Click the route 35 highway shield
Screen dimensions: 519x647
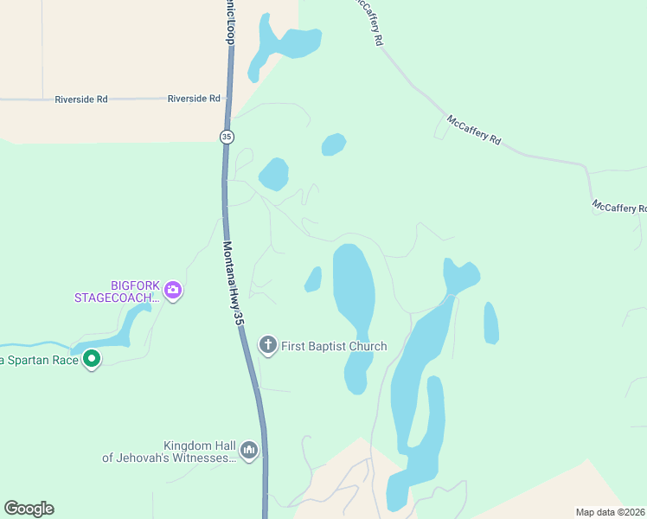pos(227,137)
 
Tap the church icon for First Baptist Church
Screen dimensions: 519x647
pos(268,346)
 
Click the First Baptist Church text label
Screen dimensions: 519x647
pos(334,346)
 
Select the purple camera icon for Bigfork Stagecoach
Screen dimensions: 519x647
pos(173,291)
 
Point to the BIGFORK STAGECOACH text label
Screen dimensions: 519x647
pos(118,292)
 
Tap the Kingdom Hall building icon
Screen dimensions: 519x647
pos(249,451)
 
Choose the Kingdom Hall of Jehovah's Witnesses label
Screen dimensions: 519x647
pos(170,452)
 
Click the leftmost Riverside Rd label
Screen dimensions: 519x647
pos(80,99)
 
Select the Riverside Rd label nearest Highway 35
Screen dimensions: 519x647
pos(194,99)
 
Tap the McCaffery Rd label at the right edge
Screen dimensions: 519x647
pos(619,208)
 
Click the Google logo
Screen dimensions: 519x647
pos(29,509)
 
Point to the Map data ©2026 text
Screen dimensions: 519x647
pos(611,512)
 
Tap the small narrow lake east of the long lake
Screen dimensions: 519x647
pos(490,323)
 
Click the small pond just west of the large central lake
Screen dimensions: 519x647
pos(313,279)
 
